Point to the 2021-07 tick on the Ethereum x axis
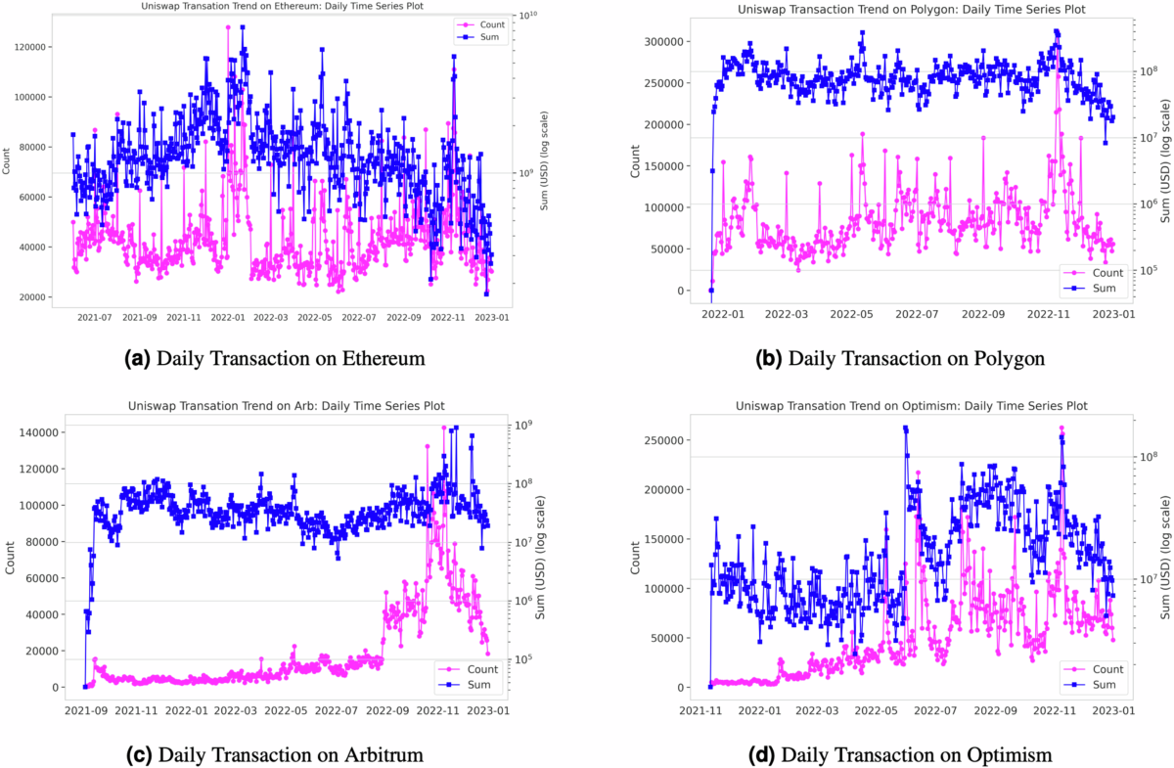tap(94, 317)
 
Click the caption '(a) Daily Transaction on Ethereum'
tap(277, 359)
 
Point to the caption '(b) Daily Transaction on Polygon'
tap(900, 359)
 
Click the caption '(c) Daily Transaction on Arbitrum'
tap(276, 754)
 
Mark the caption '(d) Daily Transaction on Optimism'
tap(901, 754)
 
